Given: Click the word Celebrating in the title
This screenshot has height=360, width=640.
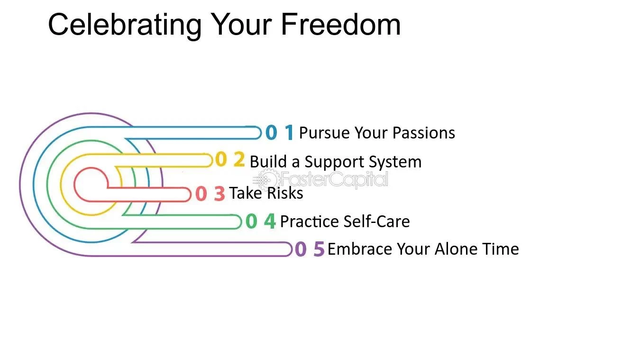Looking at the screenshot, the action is pyautogui.click(x=125, y=25).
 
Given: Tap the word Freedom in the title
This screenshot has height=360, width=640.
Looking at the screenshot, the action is pyautogui.click(x=341, y=25).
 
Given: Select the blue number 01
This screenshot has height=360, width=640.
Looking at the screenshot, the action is pyautogui.click(x=280, y=132).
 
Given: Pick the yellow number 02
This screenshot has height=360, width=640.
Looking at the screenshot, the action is pyautogui.click(x=230, y=159).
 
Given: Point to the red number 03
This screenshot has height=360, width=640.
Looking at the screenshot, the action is pyautogui.click(x=210, y=194).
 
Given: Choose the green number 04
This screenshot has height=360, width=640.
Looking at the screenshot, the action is pyautogui.click(x=261, y=221).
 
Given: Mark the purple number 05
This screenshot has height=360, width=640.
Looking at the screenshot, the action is pyautogui.click(x=310, y=249).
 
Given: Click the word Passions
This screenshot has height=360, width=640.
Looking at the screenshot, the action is pyautogui.click(x=423, y=133).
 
